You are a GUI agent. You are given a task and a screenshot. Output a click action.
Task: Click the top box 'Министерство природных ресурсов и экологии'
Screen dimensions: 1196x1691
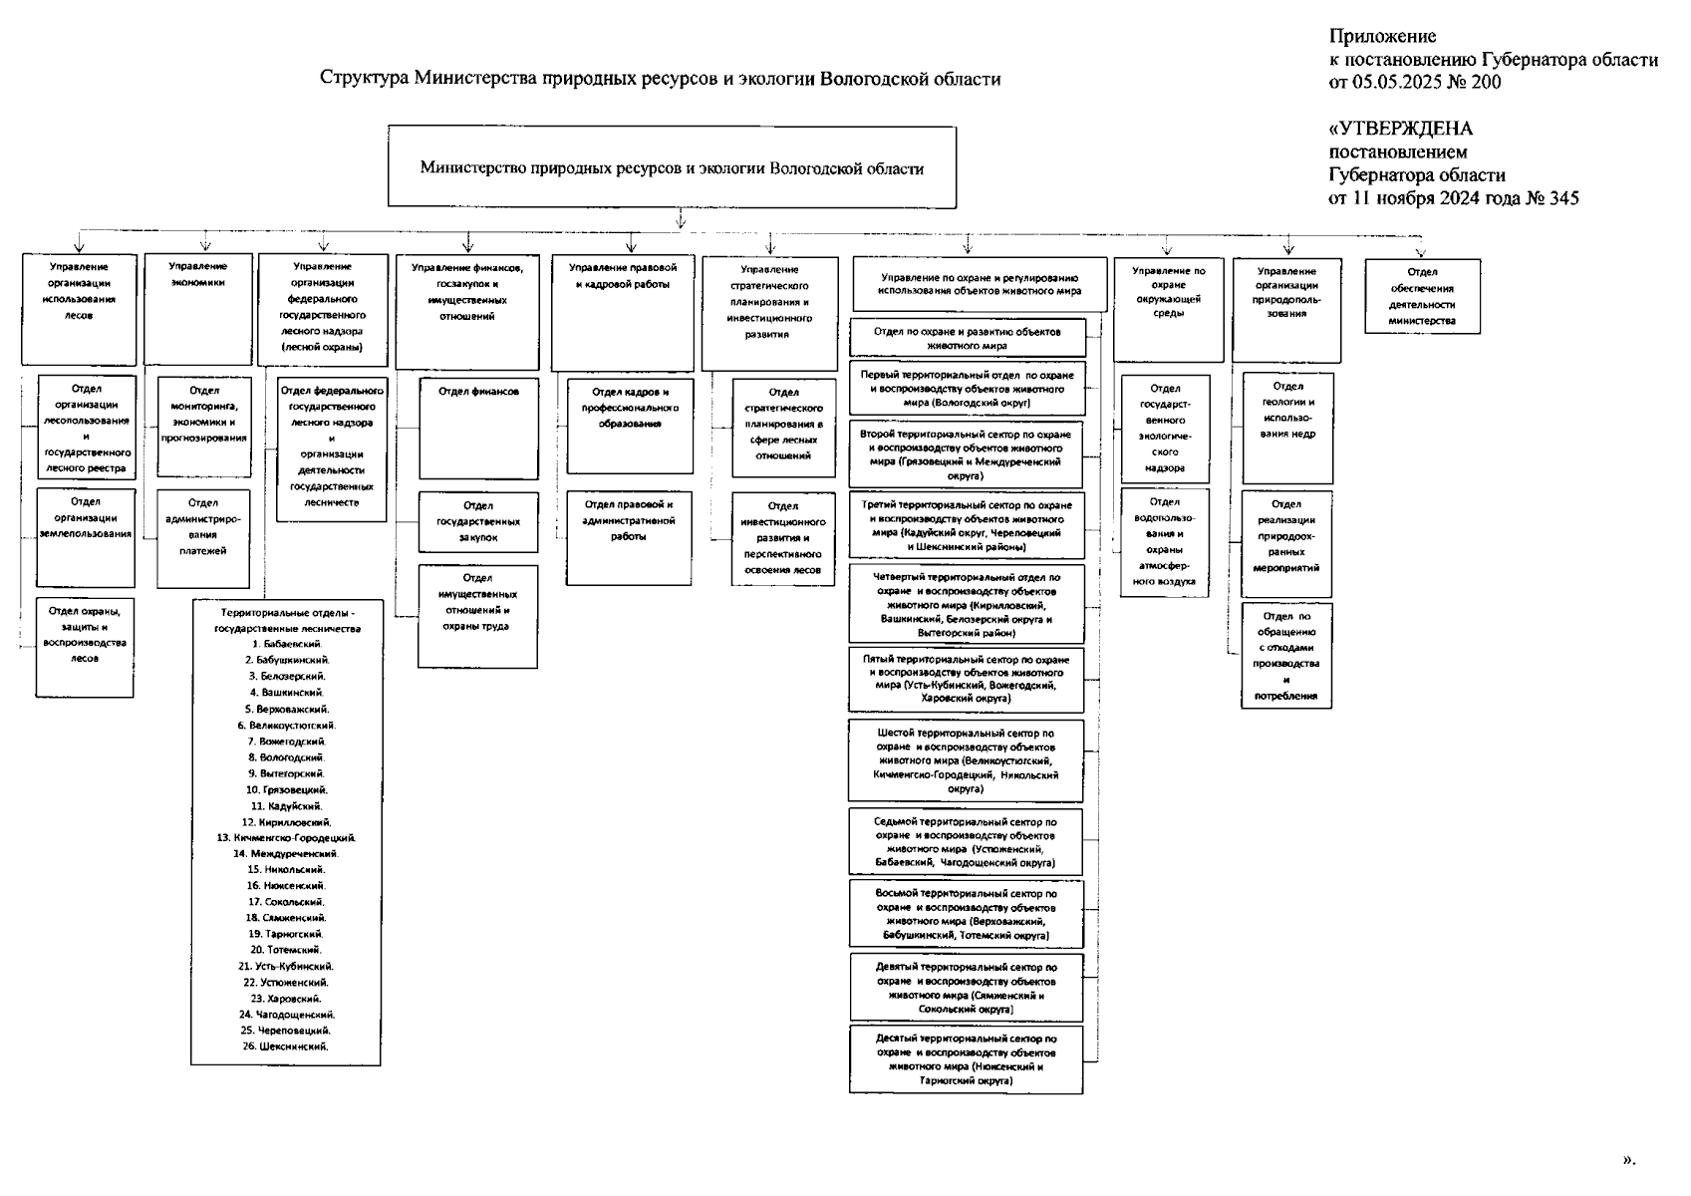(672, 167)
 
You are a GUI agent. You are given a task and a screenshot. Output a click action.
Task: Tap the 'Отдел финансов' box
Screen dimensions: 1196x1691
(478, 428)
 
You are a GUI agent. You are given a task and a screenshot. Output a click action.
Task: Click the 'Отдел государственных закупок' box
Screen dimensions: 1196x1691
(478, 521)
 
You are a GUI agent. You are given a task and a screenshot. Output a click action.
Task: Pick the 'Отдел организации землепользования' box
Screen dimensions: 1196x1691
(86, 537)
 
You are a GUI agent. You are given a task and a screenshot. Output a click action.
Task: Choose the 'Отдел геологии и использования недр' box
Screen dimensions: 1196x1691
(1287, 428)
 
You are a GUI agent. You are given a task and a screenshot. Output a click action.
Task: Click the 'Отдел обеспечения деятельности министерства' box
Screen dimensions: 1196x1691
(1422, 296)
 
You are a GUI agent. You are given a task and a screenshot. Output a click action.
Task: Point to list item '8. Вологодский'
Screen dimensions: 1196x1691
(287, 757)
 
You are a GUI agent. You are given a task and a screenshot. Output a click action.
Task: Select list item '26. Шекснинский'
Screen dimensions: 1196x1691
(285, 1046)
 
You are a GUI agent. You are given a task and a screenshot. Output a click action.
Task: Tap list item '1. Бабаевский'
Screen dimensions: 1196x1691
(287, 644)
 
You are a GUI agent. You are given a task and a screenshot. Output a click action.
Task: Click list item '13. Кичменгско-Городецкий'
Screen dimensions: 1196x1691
(287, 838)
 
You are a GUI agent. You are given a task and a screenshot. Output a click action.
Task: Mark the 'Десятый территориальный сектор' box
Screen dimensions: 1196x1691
(966, 1059)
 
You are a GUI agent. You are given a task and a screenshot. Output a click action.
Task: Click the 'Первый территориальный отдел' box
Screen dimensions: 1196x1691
(967, 389)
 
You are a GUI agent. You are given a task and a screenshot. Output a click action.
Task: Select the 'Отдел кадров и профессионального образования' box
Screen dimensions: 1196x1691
(630, 425)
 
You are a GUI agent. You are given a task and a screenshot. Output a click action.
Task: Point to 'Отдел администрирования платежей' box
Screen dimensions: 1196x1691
(203, 538)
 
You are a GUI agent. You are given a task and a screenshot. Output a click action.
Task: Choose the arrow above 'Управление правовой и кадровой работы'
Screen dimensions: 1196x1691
(630, 243)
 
